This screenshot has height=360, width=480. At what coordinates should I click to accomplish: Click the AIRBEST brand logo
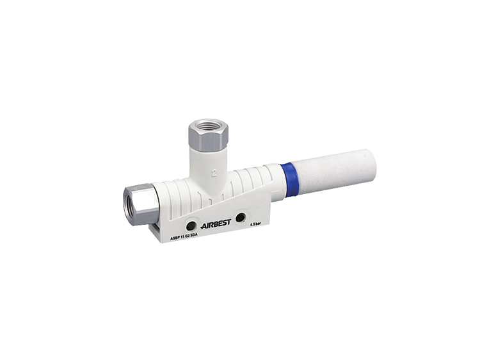215,225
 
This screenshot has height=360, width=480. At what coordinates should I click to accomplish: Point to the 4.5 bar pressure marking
258,224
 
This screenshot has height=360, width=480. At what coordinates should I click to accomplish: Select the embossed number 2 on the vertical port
214,172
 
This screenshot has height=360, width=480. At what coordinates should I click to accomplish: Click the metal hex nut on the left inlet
139,203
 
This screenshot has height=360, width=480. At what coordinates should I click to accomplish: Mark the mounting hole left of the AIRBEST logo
191,225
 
